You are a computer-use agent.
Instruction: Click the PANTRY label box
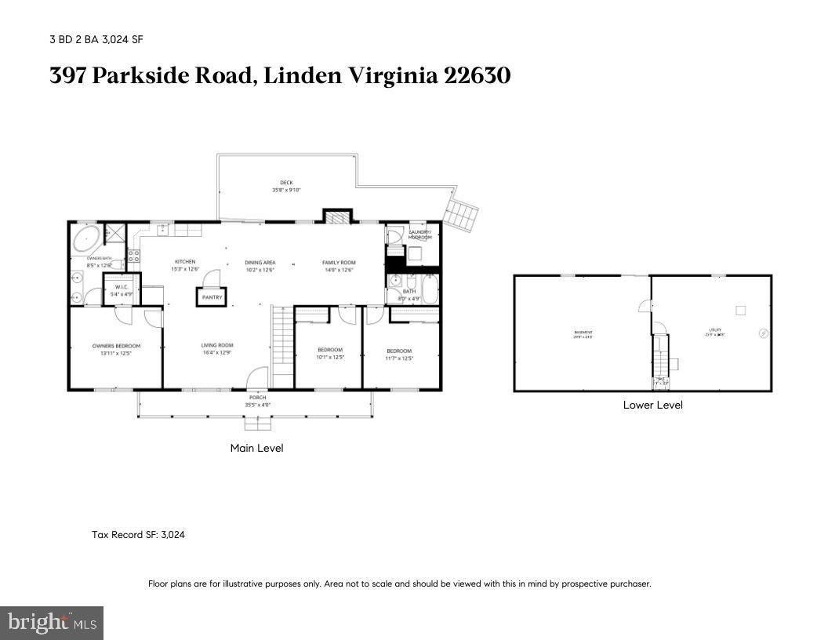coord(211,297)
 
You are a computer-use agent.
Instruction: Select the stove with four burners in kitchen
coord(133,256)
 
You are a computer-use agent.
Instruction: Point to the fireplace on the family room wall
coord(336,216)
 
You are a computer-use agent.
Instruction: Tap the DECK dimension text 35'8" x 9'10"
coord(286,190)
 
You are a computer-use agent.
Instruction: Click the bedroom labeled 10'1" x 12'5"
coord(330,354)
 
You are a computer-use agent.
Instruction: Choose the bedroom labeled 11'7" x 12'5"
coord(399,354)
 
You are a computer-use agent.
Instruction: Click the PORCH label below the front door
coord(258,398)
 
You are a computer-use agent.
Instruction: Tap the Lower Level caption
coord(652,405)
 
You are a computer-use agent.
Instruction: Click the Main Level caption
coord(256,448)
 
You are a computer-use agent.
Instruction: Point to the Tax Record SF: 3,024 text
coord(138,535)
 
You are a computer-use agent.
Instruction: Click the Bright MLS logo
coord(52,623)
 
